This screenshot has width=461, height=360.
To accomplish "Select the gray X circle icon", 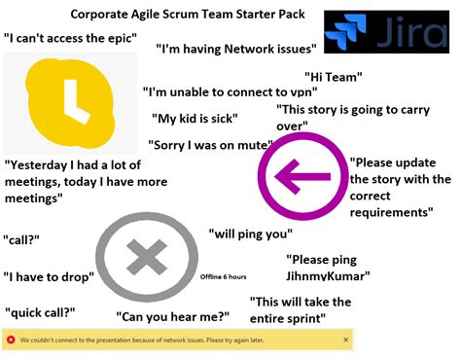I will pos(146,258).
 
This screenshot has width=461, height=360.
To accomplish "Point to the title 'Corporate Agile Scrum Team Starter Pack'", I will pos(188,16).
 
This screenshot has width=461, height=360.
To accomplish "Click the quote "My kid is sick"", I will pos(195,119).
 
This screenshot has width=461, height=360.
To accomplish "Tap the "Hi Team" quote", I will pos(334,77).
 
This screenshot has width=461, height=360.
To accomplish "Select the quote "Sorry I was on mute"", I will pos(209,146).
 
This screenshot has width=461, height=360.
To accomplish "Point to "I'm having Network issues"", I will pos(236,48).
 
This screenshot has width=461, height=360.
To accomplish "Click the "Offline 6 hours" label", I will pos(223,277).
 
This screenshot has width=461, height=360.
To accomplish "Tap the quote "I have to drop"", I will pos(49,277).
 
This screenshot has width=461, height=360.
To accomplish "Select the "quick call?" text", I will pos(40,312).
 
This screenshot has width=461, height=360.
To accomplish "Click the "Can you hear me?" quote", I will pos(173,316).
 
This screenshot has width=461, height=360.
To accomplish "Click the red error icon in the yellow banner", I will pos(11,340).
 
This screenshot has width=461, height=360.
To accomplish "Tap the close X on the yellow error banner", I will pos(346,340).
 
